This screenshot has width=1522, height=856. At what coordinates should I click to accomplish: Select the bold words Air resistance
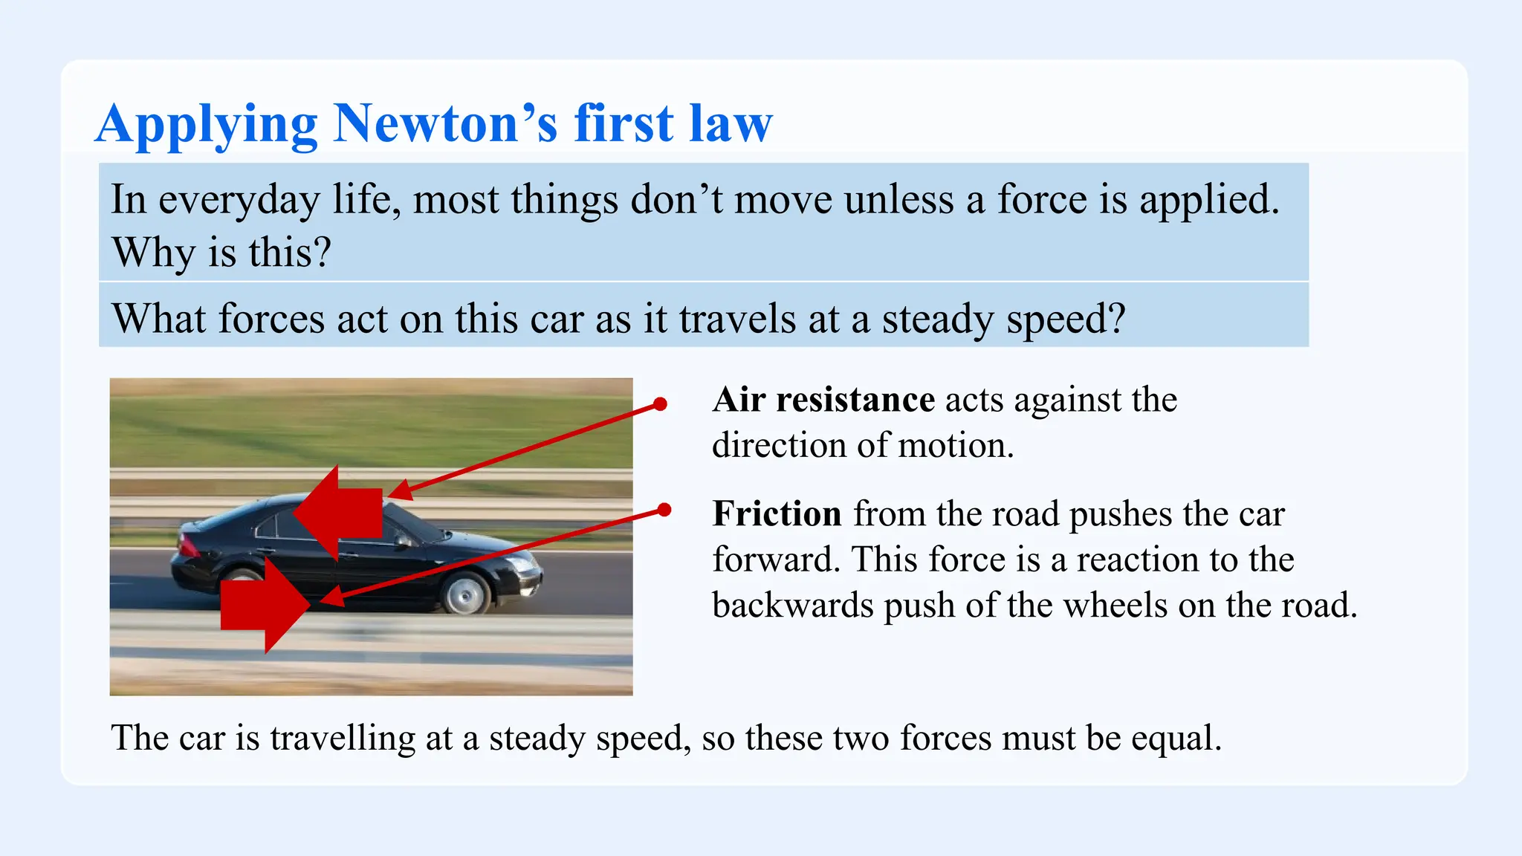[x=823, y=400]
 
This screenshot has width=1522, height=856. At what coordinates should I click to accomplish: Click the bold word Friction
[x=777, y=514]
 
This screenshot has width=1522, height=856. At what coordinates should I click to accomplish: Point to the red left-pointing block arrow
[x=338, y=513]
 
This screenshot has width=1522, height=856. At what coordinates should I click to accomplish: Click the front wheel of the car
[x=466, y=593]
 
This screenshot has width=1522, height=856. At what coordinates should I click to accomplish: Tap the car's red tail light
[x=187, y=545]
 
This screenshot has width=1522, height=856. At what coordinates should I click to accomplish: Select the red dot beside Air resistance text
[x=660, y=404]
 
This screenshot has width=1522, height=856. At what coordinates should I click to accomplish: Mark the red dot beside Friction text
[x=664, y=510]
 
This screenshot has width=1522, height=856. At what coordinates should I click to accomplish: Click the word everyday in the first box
[x=239, y=201]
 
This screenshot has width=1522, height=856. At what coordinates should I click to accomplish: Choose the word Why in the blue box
[x=153, y=253]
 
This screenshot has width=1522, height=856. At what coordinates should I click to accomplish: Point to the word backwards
[x=792, y=605]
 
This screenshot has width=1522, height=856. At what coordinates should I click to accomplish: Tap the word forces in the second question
[x=271, y=320]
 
